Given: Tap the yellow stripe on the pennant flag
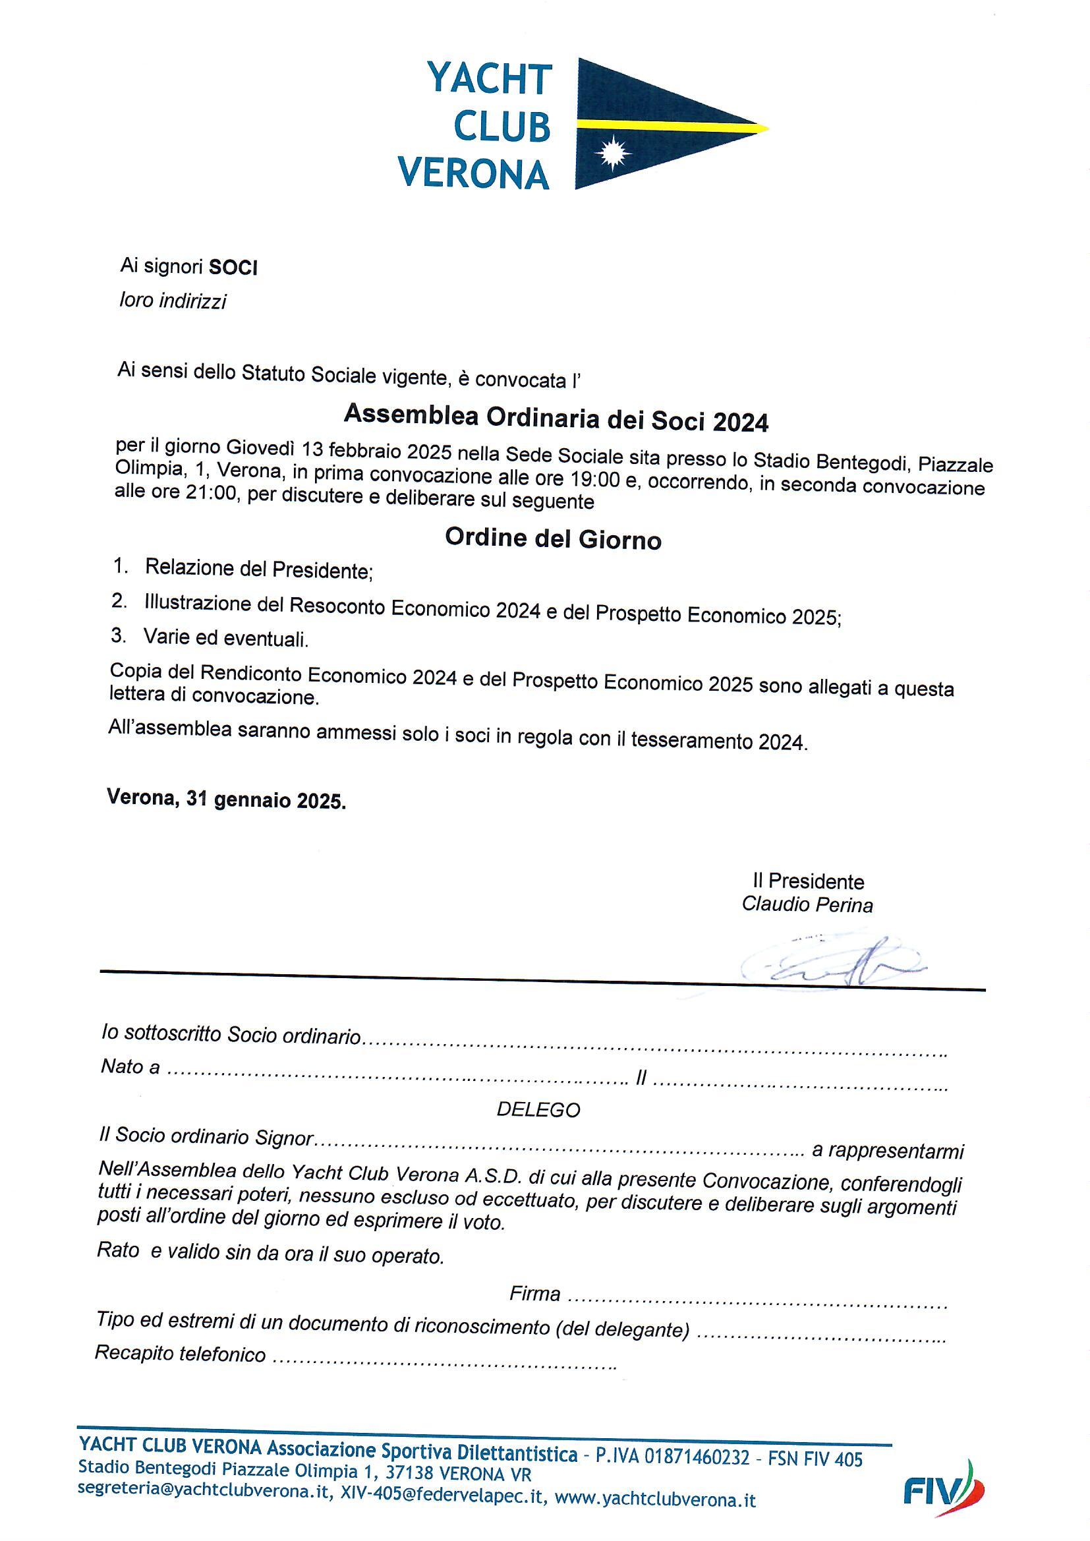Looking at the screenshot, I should (x=671, y=124).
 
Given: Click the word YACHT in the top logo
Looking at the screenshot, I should (x=489, y=80).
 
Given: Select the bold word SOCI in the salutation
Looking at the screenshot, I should (x=233, y=268).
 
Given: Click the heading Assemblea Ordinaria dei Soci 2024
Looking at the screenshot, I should (x=556, y=419).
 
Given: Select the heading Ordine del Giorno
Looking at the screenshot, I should (x=553, y=539).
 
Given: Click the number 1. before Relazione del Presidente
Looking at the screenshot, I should (x=121, y=566).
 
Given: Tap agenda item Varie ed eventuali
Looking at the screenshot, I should (x=226, y=638).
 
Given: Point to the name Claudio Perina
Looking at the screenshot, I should (x=807, y=906).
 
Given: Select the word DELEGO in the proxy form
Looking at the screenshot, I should (x=538, y=1109).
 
